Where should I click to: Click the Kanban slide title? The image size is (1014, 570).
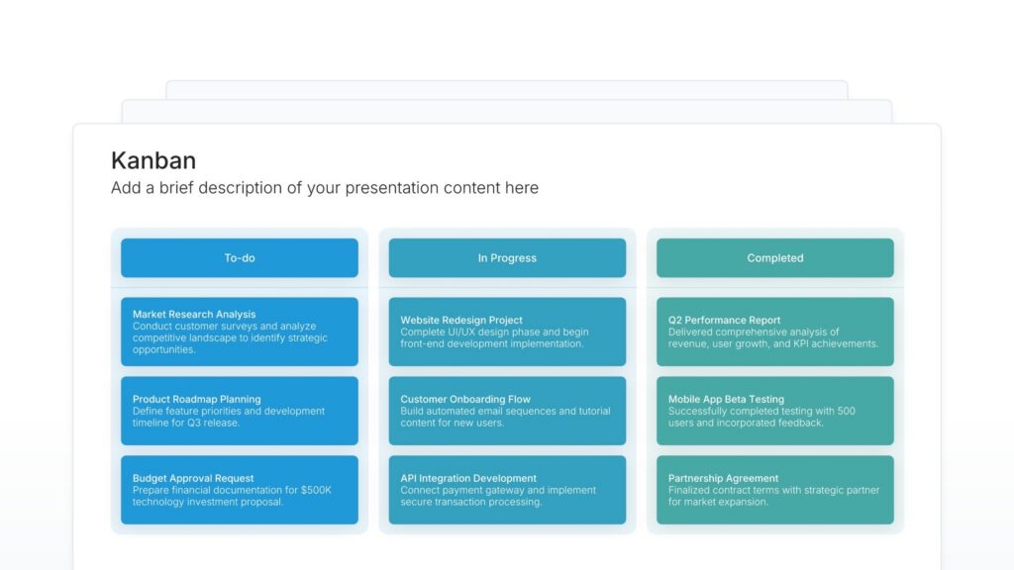pyautogui.click(x=153, y=160)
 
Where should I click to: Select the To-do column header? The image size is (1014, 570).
pyautogui.click(x=240, y=258)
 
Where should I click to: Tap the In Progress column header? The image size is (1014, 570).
pyautogui.click(x=507, y=258)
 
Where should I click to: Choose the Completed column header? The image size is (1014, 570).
pyautogui.click(x=775, y=258)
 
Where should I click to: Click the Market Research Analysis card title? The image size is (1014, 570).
pyautogui.click(x=194, y=315)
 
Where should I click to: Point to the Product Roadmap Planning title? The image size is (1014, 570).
pyautogui.click(x=197, y=400)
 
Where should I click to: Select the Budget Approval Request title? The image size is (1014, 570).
pyautogui.click(x=193, y=479)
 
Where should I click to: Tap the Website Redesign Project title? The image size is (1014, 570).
pyautogui.click(x=461, y=321)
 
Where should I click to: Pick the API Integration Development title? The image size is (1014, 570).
pyautogui.click(x=468, y=479)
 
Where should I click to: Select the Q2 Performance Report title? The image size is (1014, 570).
pyautogui.click(x=724, y=321)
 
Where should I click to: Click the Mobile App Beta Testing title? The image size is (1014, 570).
pyautogui.click(x=726, y=400)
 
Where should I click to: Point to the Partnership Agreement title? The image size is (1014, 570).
pyautogui.click(x=723, y=479)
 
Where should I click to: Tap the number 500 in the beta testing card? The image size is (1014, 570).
pyautogui.click(x=847, y=411)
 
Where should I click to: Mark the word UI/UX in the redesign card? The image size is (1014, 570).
pyautogui.click(x=460, y=332)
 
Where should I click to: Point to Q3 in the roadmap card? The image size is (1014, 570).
pyautogui.click(x=194, y=423)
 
